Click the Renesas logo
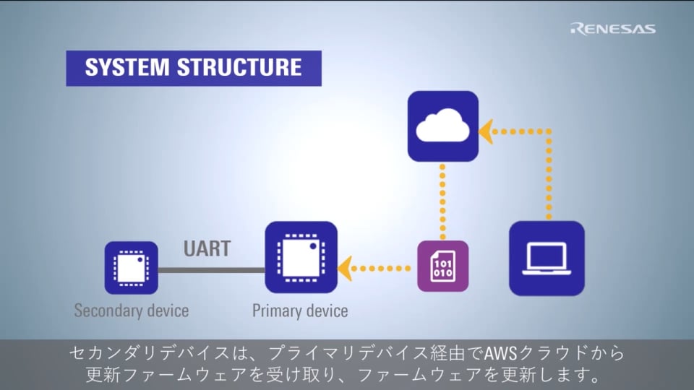613,29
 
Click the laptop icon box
547,258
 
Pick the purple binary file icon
443,266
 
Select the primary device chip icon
301,258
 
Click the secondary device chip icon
131,267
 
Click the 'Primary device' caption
300,311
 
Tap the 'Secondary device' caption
131,311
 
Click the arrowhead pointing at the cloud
486,131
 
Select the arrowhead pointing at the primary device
346,268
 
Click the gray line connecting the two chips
211,270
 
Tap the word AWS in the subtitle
481,354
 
